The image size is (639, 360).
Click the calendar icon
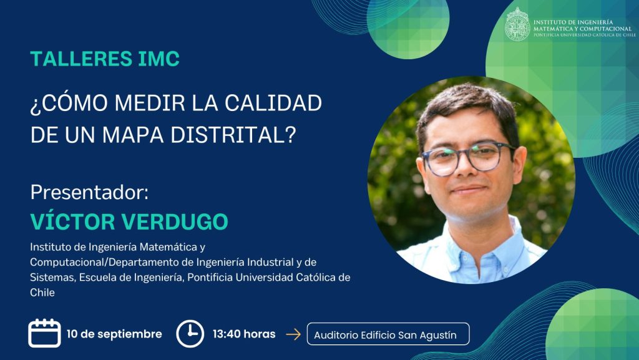point(44,333)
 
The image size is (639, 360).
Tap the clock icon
point(190,334)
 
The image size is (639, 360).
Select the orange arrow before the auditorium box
point(293,334)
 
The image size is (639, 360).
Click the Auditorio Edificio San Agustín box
point(388,334)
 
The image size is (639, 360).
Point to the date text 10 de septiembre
point(114,334)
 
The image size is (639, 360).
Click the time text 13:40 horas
point(244,334)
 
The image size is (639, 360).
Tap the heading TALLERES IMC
point(105,59)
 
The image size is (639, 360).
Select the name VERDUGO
point(175,221)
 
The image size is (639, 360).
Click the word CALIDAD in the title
point(273,102)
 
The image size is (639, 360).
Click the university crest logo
point(517,24)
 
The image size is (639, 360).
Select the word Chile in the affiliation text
point(42,293)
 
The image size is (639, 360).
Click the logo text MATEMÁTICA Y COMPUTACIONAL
point(582,29)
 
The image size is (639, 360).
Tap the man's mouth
point(469,190)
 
